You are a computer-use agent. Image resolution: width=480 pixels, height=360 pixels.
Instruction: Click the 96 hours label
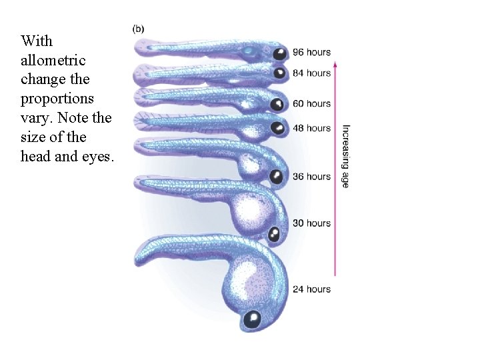pyautogui.click(x=312, y=53)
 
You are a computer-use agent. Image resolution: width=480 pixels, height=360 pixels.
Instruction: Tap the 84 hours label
pyautogui.click(x=312, y=73)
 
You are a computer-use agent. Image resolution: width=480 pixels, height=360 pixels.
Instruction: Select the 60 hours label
pyautogui.click(x=312, y=103)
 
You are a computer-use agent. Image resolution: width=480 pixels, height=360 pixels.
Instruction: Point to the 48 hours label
pyautogui.click(x=312, y=128)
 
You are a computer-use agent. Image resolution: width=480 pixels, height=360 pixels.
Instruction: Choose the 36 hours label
pyautogui.click(x=312, y=177)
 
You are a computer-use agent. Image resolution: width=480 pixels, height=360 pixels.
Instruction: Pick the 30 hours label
pyautogui.click(x=312, y=223)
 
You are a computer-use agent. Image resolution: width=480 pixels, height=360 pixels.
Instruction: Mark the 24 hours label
pyautogui.click(x=312, y=289)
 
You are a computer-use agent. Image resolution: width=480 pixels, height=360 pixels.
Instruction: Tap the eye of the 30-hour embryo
pyautogui.click(x=274, y=233)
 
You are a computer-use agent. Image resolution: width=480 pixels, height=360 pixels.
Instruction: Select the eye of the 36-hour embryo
pyautogui.click(x=275, y=176)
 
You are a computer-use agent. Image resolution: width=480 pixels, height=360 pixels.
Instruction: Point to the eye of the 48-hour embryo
pyautogui.click(x=275, y=127)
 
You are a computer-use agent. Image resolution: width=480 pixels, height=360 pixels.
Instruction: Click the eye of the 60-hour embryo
pyautogui.click(x=276, y=104)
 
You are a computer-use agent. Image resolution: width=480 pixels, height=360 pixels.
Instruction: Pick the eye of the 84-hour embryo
pyautogui.click(x=279, y=73)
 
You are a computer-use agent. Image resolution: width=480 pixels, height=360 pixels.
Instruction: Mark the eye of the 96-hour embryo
pyautogui.click(x=280, y=53)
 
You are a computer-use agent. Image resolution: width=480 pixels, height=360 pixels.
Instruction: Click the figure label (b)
pyautogui.click(x=139, y=29)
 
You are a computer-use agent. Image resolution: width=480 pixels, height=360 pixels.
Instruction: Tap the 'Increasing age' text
pyautogui.click(x=345, y=156)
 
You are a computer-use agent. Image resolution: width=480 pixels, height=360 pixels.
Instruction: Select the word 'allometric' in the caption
pyautogui.click(x=53, y=60)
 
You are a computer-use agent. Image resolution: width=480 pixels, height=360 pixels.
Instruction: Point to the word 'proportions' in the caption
pyautogui.click(x=57, y=99)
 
